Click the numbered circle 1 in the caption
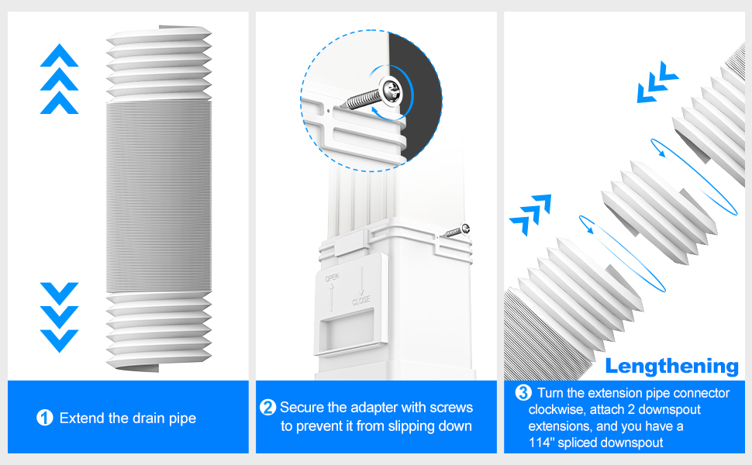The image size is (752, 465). (x=45, y=418)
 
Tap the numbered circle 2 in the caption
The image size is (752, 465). (x=268, y=408)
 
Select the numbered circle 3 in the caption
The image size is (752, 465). (x=523, y=393)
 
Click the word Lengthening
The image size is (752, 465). (x=672, y=366)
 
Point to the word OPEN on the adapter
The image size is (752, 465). (x=332, y=277)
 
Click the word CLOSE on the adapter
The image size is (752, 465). (x=361, y=300)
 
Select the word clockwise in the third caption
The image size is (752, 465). (x=554, y=409)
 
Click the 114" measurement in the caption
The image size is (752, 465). (x=542, y=443)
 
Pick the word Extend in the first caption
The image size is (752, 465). (x=81, y=418)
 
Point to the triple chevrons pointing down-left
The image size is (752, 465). (x=657, y=85)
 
